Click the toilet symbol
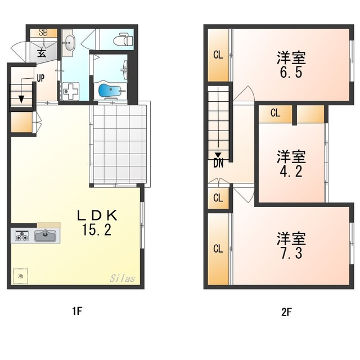coord(123,39)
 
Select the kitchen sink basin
coord(45,236)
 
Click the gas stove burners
coord(22,236)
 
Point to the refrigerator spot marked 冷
coord(20,276)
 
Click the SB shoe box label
coord(43,33)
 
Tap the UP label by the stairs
coord(40,78)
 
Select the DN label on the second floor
coord(218,163)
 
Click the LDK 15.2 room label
coord(97,223)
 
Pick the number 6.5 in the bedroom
coord(291,73)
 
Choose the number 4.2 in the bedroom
coord(291,171)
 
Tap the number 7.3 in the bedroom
coord(291,253)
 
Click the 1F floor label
coord(77,311)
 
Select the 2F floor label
coord(286,312)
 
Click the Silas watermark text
coord(122,278)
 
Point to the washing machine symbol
coord(71,91)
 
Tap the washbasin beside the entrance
coord(69,43)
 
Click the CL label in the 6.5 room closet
coord(218,55)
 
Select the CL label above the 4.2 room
coord(275,112)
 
